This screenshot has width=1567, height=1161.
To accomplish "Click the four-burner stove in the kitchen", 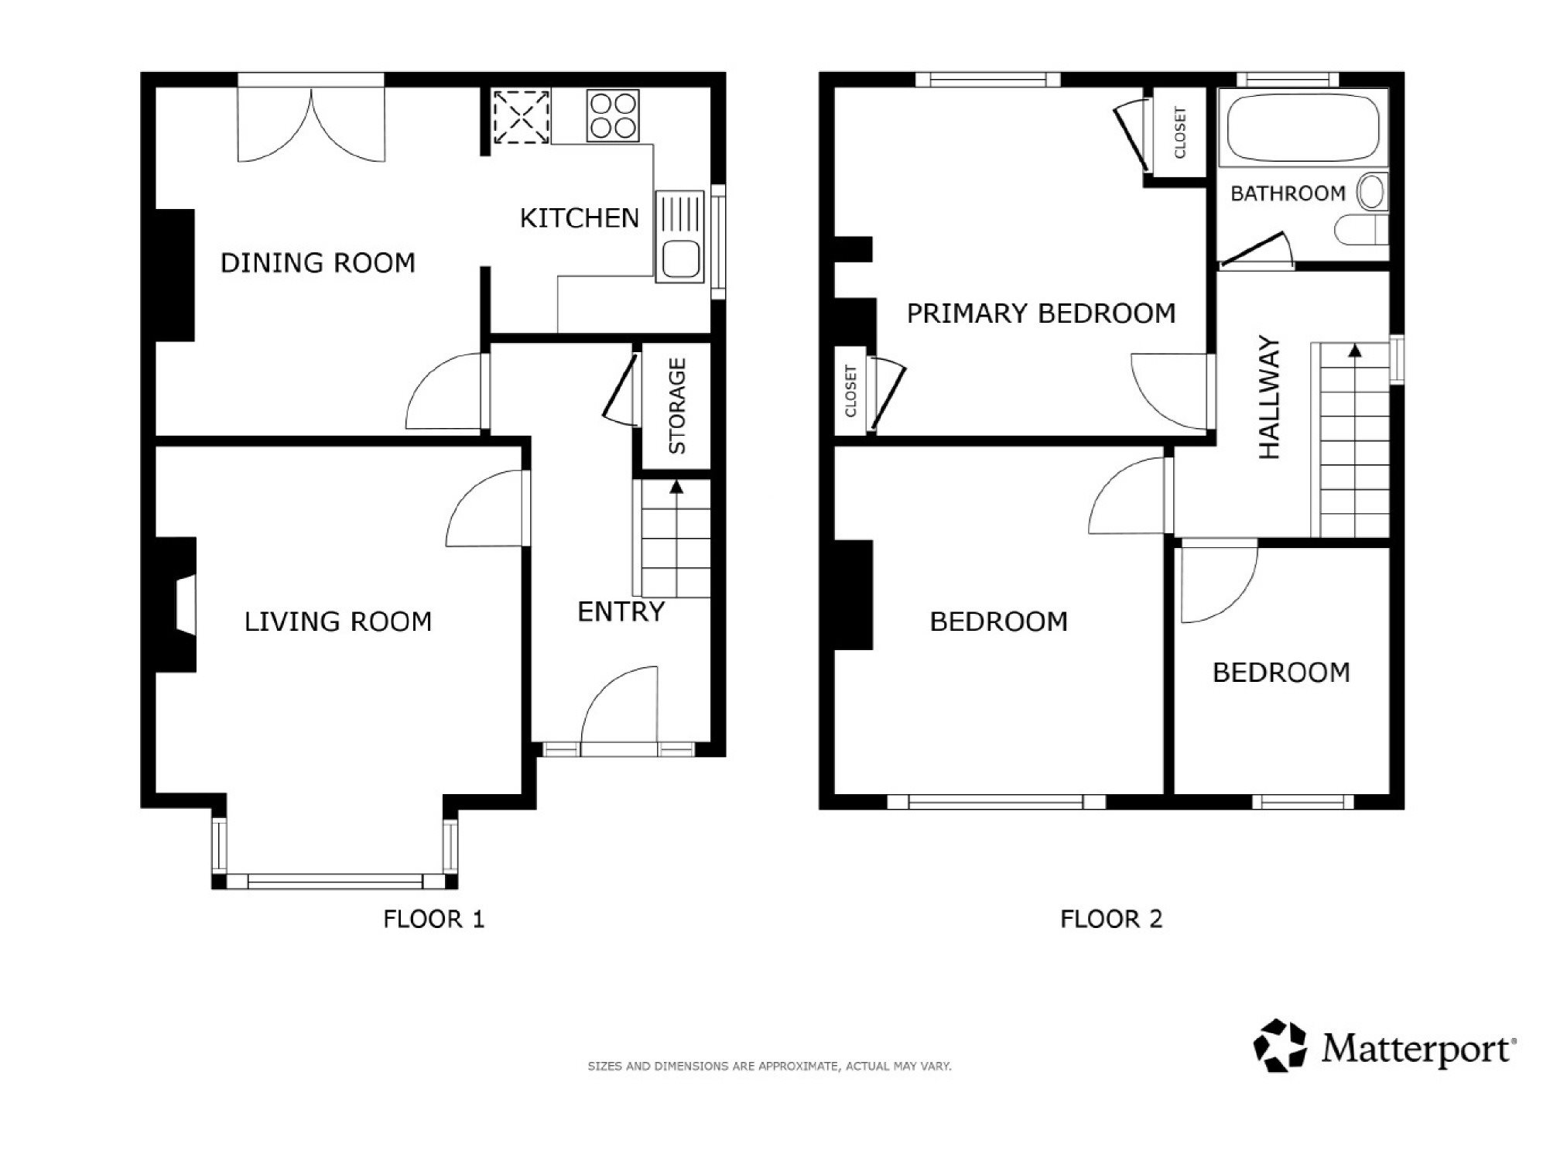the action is [613, 115].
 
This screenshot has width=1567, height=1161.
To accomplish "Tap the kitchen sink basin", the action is [679, 259].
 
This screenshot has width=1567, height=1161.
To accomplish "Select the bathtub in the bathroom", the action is [1303, 128].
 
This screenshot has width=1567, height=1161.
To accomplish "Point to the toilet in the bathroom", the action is [1362, 230].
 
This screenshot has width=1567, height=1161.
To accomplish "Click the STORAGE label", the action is [677, 406].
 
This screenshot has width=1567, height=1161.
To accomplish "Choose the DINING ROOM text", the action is [318, 263].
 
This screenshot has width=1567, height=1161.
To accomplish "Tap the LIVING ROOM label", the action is [338, 622].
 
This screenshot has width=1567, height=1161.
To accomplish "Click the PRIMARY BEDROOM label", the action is [1041, 313].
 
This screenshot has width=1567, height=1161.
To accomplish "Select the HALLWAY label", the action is [1270, 397].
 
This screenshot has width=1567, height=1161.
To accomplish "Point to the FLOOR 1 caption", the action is [434, 919].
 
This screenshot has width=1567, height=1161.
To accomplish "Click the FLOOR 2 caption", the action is [1111, 919].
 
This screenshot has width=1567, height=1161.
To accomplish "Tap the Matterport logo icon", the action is [1280, 1046].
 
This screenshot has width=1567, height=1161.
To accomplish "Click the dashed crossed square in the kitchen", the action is [522, 116].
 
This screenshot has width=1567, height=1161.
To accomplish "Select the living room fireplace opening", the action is [185, 604].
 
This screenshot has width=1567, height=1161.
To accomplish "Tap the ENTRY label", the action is [621, 612].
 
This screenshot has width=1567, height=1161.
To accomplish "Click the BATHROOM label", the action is [1288, 193].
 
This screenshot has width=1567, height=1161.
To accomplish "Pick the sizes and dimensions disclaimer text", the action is [769, 1066].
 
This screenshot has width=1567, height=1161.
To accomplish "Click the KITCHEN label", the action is [580, 218].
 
